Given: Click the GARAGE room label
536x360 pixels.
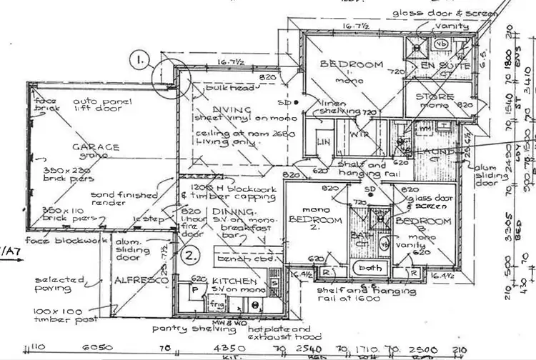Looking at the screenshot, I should (94, 149).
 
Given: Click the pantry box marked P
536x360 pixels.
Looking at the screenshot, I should (194, 291).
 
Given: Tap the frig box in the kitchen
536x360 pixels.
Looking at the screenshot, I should (217, 304).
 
